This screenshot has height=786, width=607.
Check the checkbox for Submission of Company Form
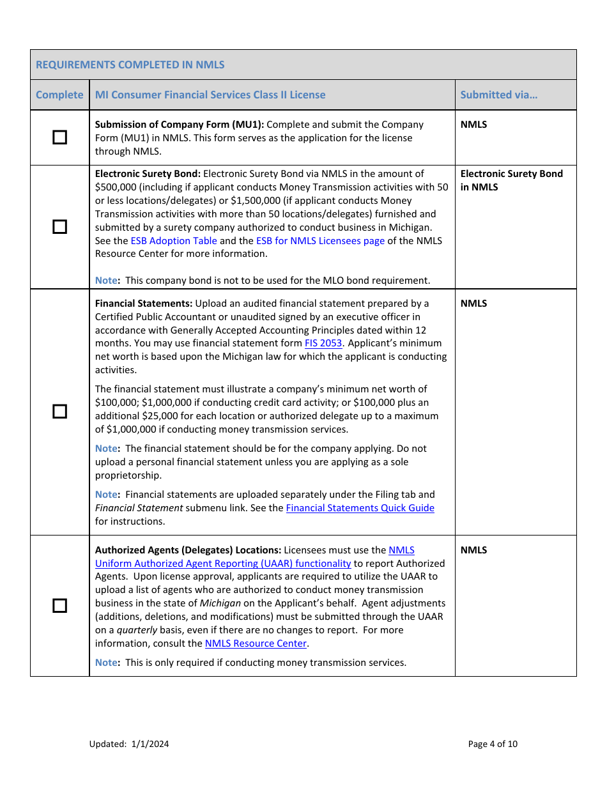[59, 137]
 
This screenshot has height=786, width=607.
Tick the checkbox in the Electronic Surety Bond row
[59, 227]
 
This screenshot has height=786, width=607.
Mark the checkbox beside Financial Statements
[59, 412]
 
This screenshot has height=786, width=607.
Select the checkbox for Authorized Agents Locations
[59, 605]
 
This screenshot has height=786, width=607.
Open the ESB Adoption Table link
[174, 241]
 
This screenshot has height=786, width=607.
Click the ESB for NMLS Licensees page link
[320, 241]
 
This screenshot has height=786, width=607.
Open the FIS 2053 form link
[323, 343]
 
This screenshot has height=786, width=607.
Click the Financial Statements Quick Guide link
[360, 508]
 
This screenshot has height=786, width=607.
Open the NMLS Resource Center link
[256, 643]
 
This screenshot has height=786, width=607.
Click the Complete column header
[59, 95]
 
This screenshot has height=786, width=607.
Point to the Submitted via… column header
[499, 95]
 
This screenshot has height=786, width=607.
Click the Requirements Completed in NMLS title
[130, 65]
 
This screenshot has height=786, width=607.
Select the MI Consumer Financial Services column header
[210, 95]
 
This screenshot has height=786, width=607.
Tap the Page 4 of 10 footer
[493, 744]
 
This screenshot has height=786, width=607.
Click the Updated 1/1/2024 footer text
[129, 744]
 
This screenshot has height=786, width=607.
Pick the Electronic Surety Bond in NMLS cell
[511, 180]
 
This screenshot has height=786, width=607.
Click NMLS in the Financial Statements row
[473, 304]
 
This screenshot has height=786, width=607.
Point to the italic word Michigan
[220, 603]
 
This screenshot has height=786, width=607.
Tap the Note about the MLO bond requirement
[262, 281]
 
